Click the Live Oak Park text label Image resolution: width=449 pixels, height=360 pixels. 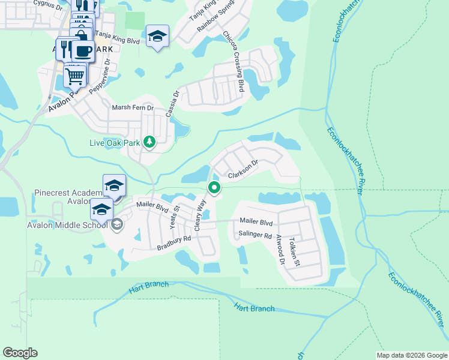click(114, 143)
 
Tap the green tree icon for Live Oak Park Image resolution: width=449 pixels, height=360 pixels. click(149, 142)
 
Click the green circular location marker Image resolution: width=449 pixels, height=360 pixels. click(214, 188)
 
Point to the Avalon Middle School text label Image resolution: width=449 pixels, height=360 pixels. click(58, 225)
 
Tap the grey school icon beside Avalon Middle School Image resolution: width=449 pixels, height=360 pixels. click(117, 224)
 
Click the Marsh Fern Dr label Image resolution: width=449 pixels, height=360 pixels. click(133, 107)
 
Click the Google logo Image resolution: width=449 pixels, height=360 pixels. click(20, 353)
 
